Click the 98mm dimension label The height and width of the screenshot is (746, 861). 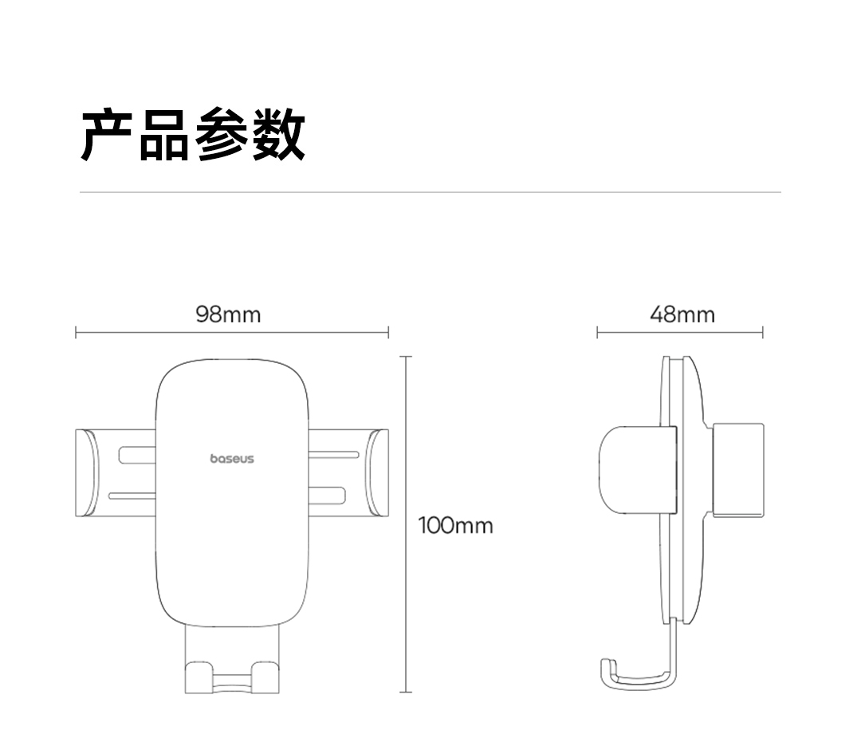228,315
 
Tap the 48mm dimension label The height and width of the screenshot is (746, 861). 682,315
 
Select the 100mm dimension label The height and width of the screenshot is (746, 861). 456,526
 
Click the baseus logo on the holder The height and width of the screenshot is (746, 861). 232,459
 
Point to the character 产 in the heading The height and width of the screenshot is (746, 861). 108,136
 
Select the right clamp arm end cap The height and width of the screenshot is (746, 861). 379,473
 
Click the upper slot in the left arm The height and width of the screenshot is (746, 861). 137,455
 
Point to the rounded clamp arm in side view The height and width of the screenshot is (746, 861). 630,469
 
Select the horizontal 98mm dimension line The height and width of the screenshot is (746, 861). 231,332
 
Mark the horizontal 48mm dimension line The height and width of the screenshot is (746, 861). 679,332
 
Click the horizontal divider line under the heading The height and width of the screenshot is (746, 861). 431,192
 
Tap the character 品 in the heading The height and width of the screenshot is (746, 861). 164,136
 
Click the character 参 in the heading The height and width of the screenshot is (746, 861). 222,136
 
